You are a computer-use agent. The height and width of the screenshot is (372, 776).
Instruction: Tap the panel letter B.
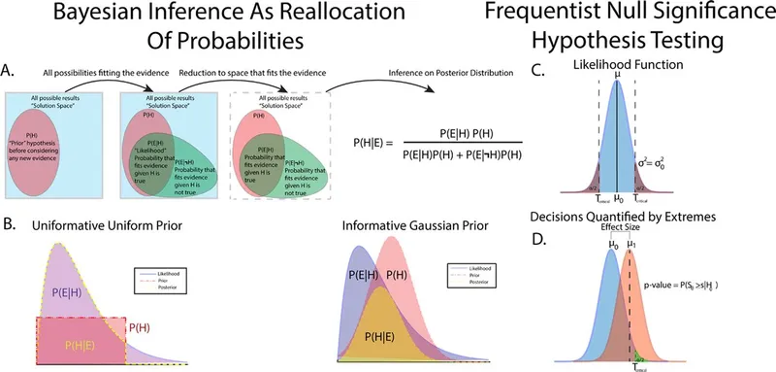(x=12, y=224)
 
